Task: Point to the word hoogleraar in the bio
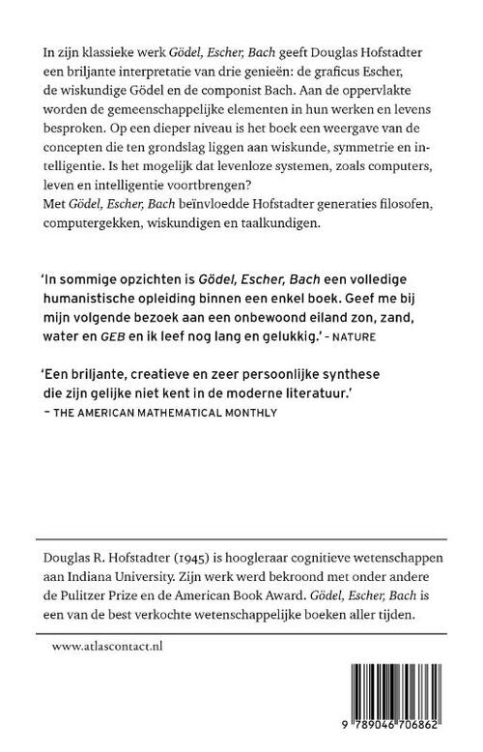pyautogui.click(x=288, y=561)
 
